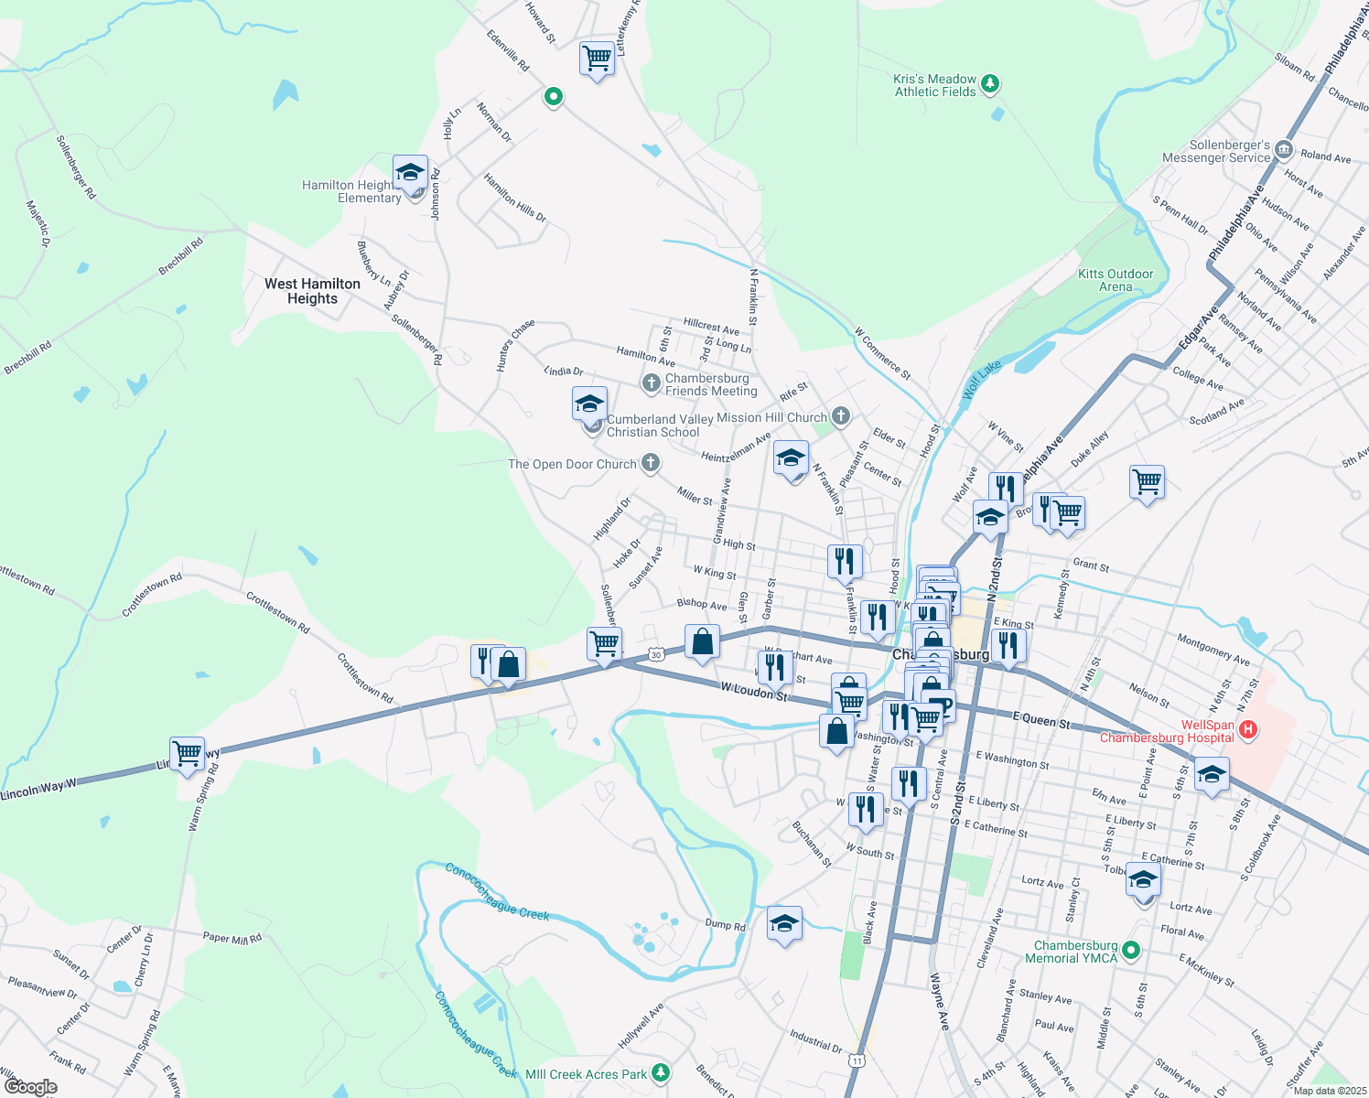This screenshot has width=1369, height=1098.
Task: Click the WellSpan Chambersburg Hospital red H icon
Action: coord(1248,730)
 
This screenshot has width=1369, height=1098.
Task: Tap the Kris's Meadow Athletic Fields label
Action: coord(934,86)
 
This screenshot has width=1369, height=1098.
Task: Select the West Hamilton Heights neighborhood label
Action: coord(312,291)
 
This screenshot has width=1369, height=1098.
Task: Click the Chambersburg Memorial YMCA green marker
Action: coord(1131,951)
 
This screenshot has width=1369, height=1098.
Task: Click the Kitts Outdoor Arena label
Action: coord(1115,280)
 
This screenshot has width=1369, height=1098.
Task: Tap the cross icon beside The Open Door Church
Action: coord(650,464)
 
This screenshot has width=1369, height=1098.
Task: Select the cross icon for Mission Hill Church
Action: coord(840,417)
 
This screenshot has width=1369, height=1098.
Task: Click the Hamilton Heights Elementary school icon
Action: coord(410,173)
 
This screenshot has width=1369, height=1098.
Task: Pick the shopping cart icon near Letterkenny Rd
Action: coord(597,59)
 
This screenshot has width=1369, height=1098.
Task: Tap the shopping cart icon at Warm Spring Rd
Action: coord(187,755)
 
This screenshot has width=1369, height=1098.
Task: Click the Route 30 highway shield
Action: coord(655,654)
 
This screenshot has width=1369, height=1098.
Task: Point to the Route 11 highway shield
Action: coord(856,1060)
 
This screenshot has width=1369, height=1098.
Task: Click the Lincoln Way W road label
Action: coord(38,790)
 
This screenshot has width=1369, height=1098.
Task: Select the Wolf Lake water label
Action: coord(982,380)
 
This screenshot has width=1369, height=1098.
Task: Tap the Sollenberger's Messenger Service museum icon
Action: coord(1284,150)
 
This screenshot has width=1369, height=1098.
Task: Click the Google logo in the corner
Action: coord(31,1086)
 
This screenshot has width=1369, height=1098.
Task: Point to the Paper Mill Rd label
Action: coord(232,937)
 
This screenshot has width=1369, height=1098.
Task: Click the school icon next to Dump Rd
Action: coord(784,924)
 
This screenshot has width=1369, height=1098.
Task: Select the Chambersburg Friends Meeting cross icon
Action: coord(651,383)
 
